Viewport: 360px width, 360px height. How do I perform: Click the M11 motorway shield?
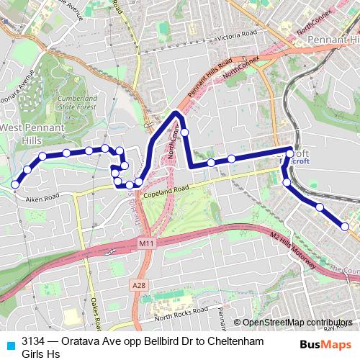[x=146, y=246]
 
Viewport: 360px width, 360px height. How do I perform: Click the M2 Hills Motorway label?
[x=293, y=251]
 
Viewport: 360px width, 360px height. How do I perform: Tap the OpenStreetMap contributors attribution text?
[x=297, y=323]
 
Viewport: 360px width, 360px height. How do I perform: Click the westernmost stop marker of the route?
[x=15, y=184]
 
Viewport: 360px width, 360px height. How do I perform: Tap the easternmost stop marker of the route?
[x=345, y=227]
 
